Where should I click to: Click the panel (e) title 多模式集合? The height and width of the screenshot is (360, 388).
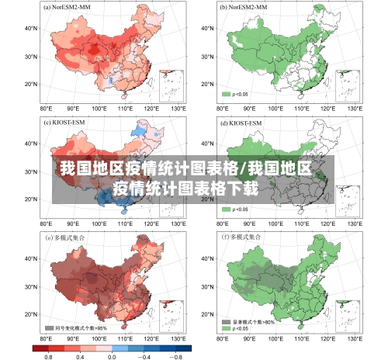tap(68, 237)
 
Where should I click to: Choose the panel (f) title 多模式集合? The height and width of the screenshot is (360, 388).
tap(245, 237)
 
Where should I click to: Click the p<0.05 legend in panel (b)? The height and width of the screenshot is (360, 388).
tap(236, 94)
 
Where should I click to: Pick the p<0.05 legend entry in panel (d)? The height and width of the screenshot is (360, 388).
tap(236, 209)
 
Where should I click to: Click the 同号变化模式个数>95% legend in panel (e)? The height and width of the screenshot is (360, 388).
tap(78, 327)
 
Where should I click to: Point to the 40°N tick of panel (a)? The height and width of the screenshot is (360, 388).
tap(30, 28)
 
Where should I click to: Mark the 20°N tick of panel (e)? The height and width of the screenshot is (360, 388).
tap(30, 314)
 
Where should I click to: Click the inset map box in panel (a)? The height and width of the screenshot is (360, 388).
tap(171, 85)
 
